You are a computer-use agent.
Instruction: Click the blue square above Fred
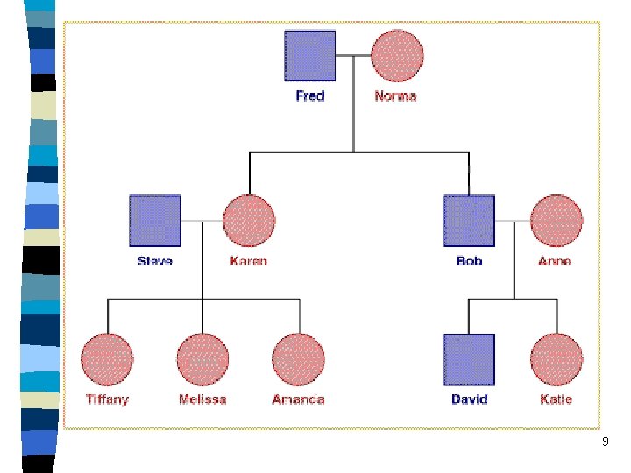[310, 56]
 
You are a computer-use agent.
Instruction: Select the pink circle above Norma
[397, 56]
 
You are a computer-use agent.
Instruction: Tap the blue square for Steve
[155, 220]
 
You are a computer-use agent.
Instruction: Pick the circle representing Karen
[249, 220]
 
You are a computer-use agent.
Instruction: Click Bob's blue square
[469, 220]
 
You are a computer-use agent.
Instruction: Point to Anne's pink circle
[557, 220]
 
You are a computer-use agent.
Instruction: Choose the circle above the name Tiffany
[107, 359]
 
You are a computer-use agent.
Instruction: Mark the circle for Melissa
[202, 359]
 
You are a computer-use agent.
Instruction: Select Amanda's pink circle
[299, 359]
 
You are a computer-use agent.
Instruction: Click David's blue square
[469, 360]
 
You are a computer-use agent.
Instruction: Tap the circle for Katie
[557, 359]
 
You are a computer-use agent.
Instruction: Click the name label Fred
[310, 95]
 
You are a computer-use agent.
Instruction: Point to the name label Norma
[395, 95]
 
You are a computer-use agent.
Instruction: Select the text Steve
[155, 261]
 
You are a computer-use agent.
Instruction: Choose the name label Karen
[249, 261]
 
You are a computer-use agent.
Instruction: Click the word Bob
[469, 261]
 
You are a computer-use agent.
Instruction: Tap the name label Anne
[555, 261]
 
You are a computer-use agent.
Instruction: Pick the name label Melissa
[202, 399]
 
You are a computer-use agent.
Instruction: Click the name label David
[469, 399]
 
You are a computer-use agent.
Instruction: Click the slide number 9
[605, 443]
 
